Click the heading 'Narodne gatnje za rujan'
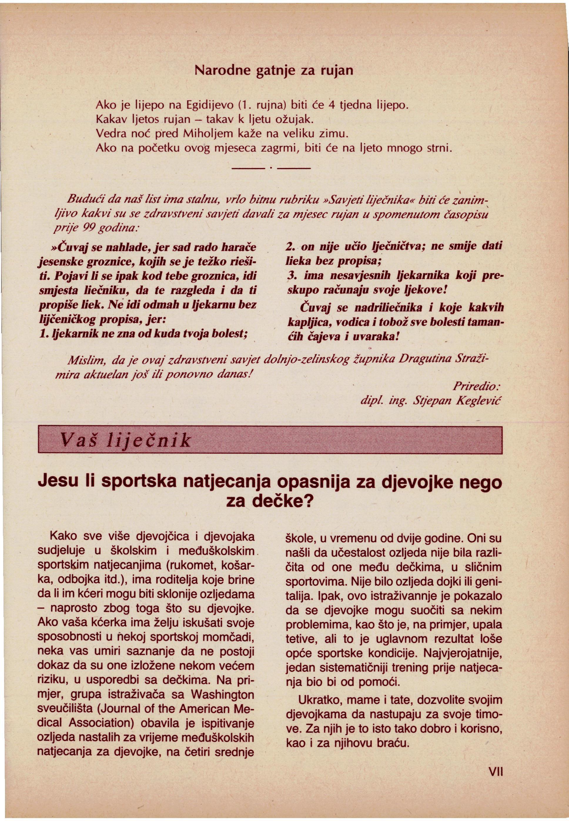pyautogui.click(x=275, y=71)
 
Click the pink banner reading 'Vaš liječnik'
pyautogui.click(x=270, y=440)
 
